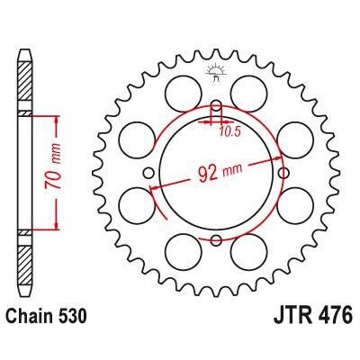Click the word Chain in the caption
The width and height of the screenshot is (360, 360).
tap(34, 319)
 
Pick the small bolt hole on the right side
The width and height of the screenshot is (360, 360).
tap(285, 173)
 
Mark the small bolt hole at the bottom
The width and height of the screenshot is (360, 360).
tap(217, 239)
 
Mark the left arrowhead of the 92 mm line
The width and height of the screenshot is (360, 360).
tap(155, 187)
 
